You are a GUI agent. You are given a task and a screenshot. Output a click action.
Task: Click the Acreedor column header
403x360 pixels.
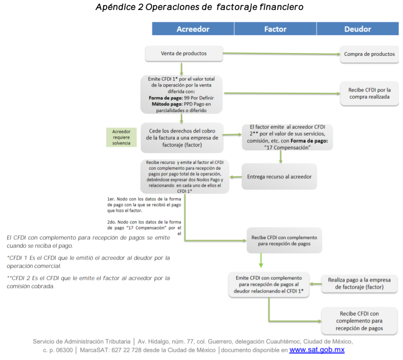193,29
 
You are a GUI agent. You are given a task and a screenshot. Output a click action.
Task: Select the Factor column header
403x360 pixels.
275,29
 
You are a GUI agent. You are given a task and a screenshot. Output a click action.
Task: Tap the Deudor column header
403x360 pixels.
358,29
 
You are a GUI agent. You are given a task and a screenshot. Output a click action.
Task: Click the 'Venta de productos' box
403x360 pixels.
184,54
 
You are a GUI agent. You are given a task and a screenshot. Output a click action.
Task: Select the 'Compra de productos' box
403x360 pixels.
369,54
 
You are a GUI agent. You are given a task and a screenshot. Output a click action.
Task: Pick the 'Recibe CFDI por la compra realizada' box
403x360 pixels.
369,93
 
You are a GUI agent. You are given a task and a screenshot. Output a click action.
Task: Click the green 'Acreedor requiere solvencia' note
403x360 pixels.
121,137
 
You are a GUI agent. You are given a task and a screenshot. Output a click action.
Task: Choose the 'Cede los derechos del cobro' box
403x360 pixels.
182,137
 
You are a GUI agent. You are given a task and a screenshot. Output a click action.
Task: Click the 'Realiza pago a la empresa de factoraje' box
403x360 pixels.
359,283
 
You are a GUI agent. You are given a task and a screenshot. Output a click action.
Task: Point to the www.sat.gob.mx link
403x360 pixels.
317,350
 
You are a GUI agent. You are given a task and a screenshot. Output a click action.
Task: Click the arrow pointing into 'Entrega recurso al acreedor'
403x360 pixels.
281,156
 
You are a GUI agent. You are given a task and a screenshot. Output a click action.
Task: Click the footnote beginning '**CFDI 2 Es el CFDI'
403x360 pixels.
89,282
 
